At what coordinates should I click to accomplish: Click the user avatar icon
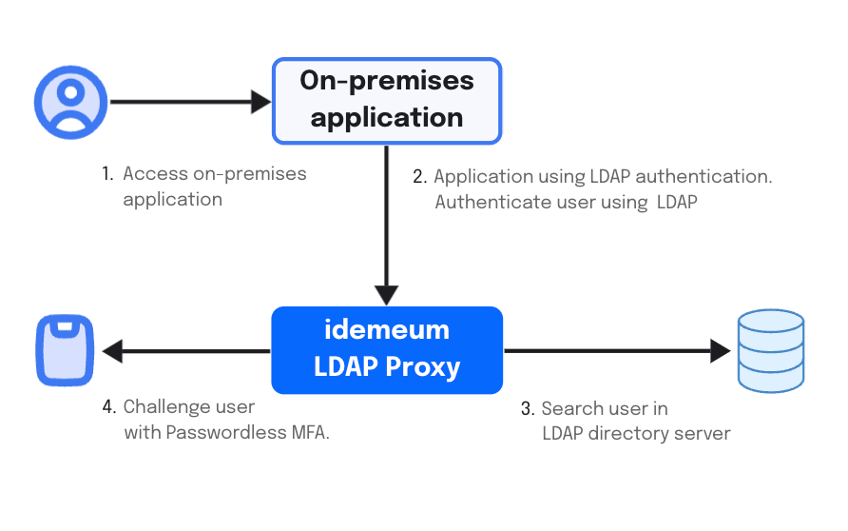(x=71, y=103)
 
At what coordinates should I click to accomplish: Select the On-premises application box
(x=387, y=101)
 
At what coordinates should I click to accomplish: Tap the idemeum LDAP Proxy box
(x=387, y=350)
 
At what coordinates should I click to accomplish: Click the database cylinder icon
(x=771, y=351)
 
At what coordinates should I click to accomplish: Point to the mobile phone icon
(x=65, y=350)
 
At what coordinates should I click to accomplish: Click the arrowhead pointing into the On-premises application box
(x=261, y=102)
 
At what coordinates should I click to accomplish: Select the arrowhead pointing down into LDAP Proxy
(x=387, y=296)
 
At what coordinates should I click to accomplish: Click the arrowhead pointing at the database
(x=721, y=351)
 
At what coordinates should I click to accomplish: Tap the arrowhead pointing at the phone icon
(x=112, y=351)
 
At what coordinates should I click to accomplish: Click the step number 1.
(x=107, y=174)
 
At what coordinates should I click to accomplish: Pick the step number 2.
(x=419, y=176)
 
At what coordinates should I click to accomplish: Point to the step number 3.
(x=528, y=408)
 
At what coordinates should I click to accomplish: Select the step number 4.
(x=109, y=406)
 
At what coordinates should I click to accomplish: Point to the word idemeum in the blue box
(x=387, y=329)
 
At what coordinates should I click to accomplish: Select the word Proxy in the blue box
(x=423, y=367)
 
